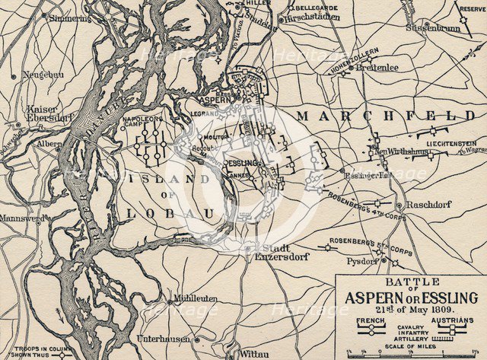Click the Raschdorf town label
429,205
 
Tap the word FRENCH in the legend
370,322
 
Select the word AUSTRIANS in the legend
453,322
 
